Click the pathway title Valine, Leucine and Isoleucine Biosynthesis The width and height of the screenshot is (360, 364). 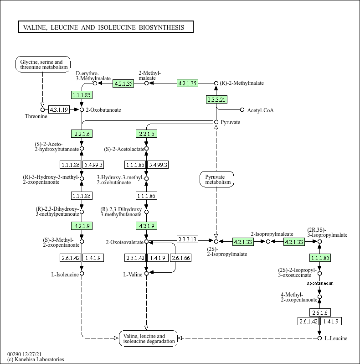tap(105, 27)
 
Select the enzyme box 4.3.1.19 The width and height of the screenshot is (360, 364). tap(59, 109)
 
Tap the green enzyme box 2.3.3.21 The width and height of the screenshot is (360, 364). tap(216, 99)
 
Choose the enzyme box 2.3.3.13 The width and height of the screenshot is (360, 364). tap(187, 239)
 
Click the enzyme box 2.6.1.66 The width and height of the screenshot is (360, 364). tap(181, 258)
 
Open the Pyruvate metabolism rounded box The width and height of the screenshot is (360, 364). tap(216, 179)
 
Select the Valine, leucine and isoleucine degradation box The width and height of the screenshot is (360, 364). tap(148, 338)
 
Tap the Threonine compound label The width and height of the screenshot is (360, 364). tap(36, 116)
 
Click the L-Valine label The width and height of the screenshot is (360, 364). tap(133, 274)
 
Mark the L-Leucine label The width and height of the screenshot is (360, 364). tap(336, 338)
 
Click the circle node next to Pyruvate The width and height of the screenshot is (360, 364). tap(216, 122)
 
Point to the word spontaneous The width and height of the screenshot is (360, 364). tap(319, 283)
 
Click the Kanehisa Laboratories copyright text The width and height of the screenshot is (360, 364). tap(36, 359)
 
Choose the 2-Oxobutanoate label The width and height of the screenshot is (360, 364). tap(103, 110)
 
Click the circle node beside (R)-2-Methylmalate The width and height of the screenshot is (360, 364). tap(216, 83)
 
